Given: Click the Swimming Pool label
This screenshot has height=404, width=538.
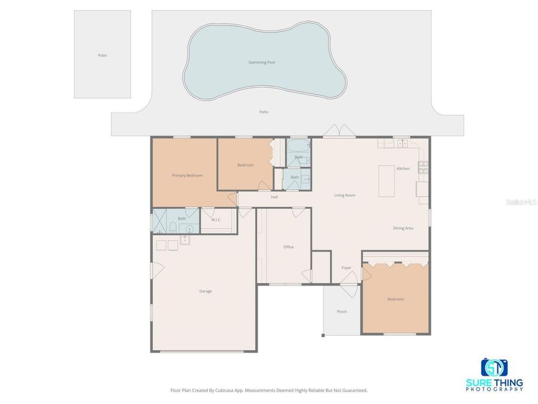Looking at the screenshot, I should [x=262, y=62].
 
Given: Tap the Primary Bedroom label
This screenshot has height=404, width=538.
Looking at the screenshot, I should [x=187, y=175].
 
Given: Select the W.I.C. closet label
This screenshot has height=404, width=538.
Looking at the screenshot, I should [x=216, y=220].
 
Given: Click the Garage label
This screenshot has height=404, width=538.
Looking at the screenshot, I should [x=206, y=291].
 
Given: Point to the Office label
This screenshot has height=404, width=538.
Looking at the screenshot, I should [x=288, y=247].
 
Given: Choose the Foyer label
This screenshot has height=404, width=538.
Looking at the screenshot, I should [x=346, y=268].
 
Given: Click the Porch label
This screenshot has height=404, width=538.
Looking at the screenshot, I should [x=341, y=311].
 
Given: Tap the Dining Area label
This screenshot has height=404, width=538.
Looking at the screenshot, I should [x=403, y=228].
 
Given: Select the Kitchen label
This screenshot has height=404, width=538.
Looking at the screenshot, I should [x=403, y=169].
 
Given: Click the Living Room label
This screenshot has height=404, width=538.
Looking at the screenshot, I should [x=345, y=195].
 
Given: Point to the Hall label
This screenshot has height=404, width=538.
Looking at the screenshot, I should [x=274, y=197].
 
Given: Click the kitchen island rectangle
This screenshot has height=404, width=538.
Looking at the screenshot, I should [x=387, y=181].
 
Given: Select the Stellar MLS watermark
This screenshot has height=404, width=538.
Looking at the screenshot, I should [x=521, y=203].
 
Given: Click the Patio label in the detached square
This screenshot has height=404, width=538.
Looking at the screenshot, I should [x=102, y=55].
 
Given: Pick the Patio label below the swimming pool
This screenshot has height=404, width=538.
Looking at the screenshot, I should [x=264, y=112].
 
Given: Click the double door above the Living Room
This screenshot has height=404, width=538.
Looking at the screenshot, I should [x=338, y=131].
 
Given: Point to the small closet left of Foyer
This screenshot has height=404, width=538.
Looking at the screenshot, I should [x=321, y=267].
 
